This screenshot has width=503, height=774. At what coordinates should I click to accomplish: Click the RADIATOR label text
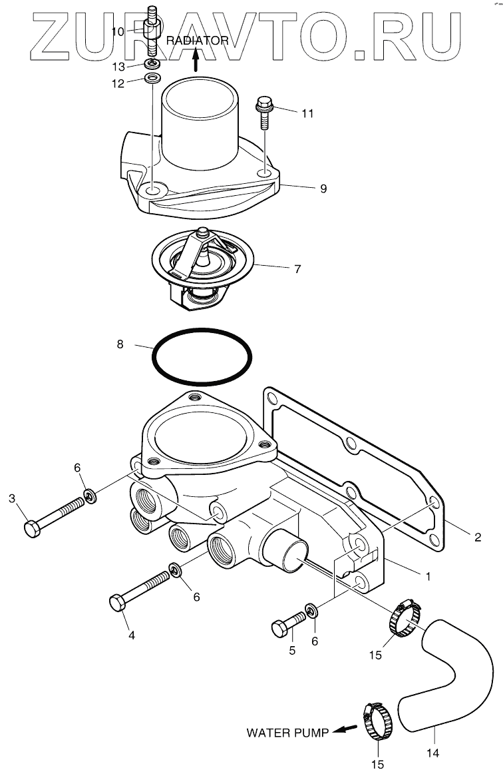coord(198,41)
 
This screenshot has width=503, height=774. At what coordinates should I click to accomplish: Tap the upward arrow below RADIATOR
coord(196,61)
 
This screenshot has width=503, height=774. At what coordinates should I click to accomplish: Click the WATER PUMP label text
coord(287,733)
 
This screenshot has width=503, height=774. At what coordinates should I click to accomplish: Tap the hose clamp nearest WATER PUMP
coord(378,723)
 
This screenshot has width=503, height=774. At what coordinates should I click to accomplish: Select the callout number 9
coord(323,189)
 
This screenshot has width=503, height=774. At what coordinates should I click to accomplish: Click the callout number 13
coord(118,66)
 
